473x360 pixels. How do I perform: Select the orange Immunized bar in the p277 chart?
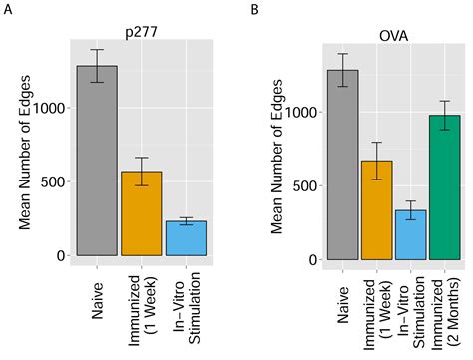141,213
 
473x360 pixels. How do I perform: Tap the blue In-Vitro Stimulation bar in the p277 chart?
186,238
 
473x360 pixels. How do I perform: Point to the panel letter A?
8,10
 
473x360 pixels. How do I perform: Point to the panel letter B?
255,10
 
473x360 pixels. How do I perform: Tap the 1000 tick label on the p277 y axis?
47,108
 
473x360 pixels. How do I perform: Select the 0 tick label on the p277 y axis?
59,255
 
